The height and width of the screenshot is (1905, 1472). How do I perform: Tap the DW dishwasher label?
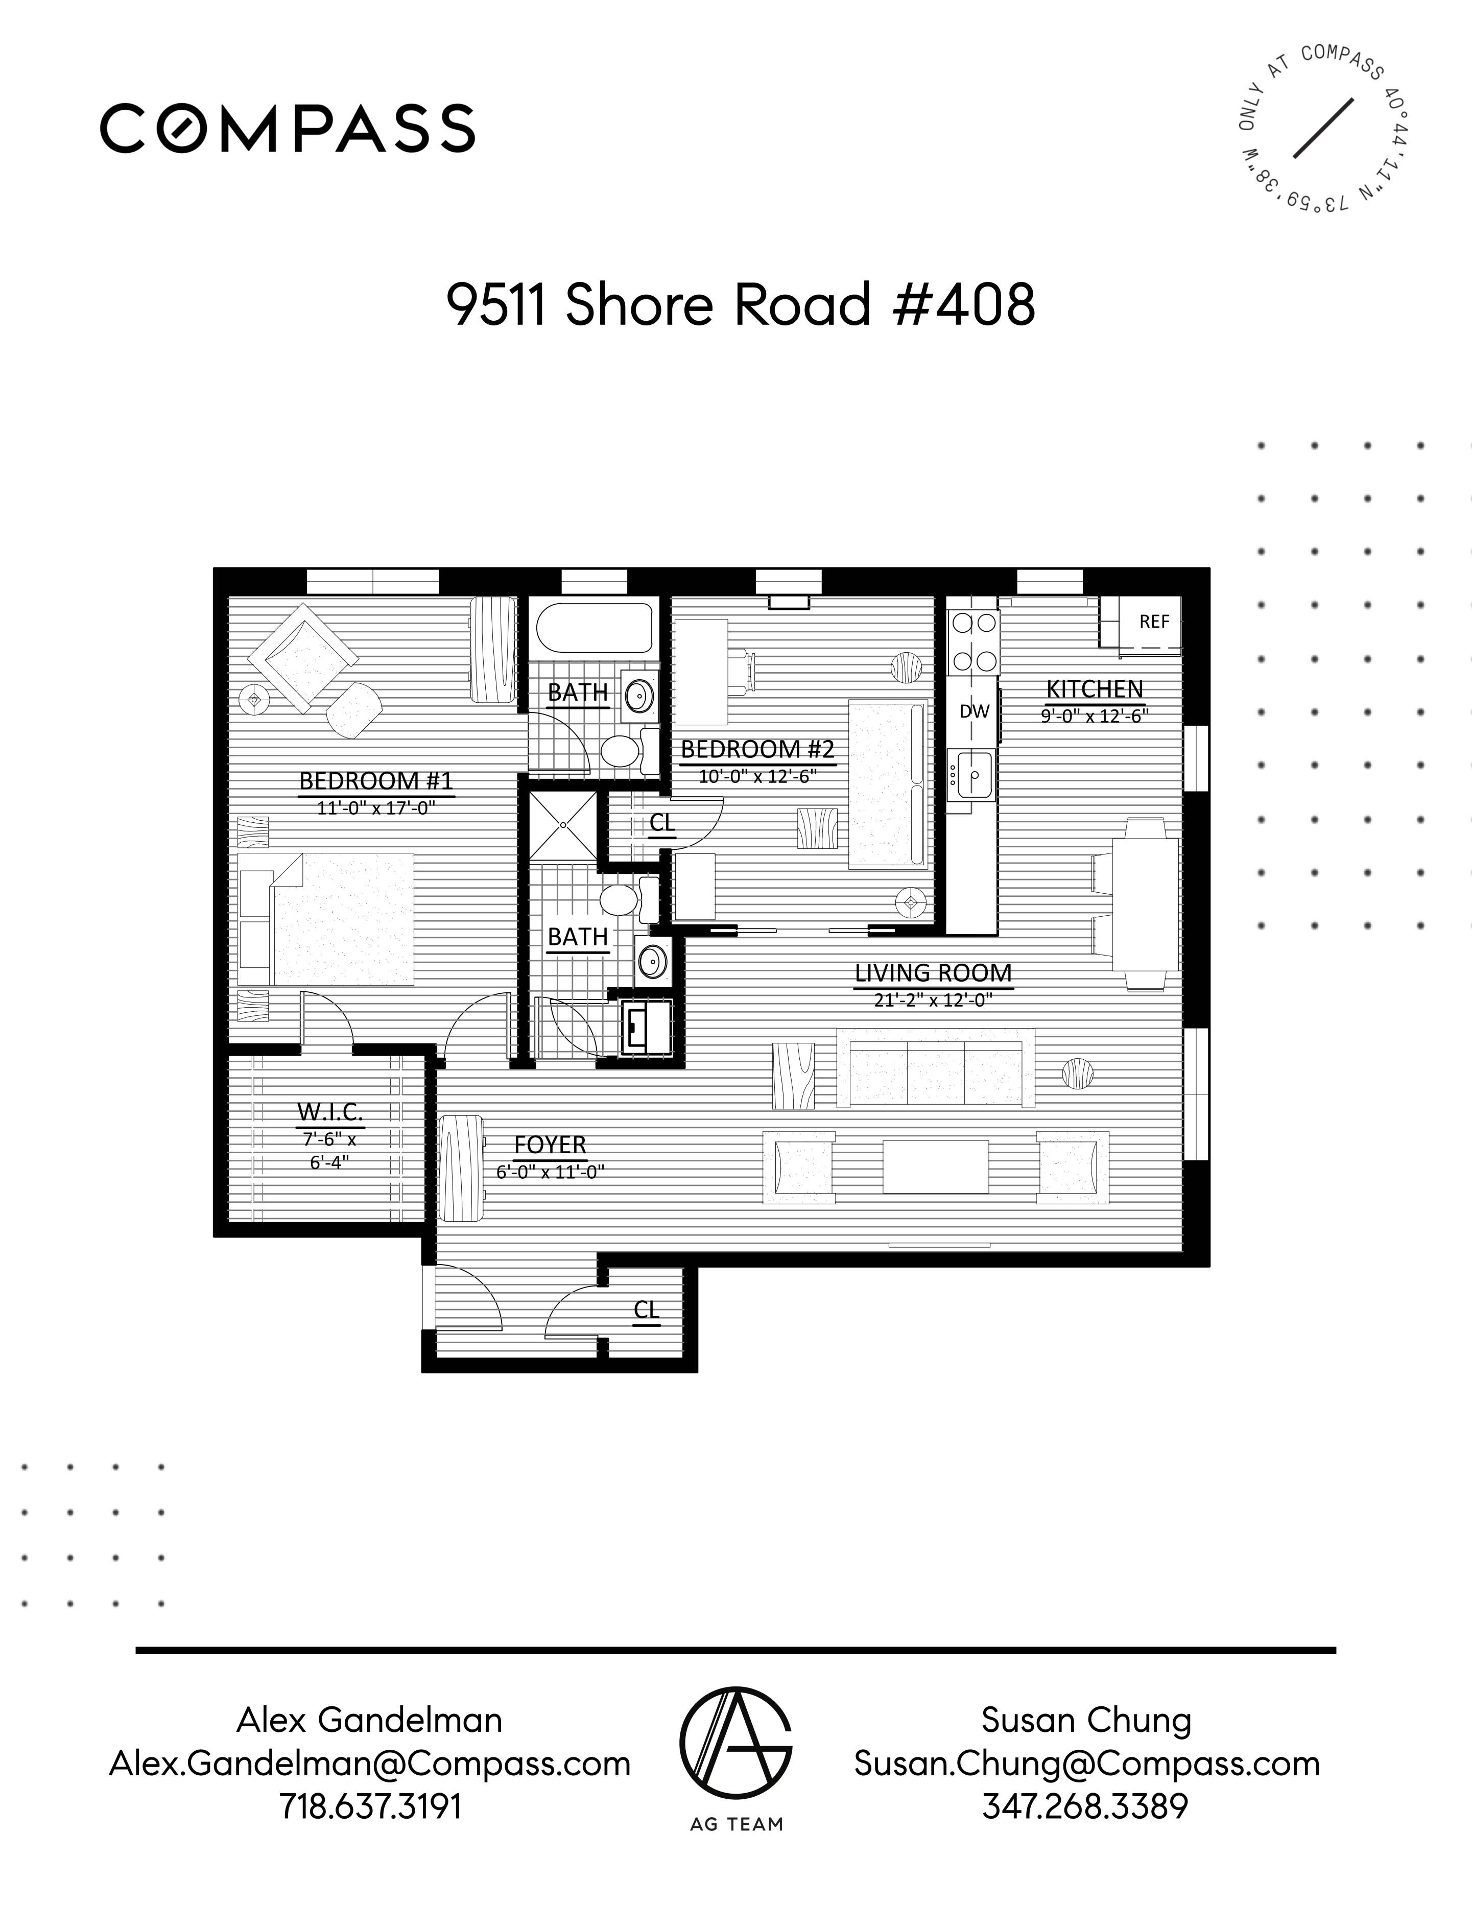coord(974,711)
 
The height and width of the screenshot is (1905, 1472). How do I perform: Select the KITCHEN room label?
coord(1094,689)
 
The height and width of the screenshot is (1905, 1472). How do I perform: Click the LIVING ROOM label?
coord(933,972)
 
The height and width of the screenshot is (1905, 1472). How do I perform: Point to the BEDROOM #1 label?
coord(376,780)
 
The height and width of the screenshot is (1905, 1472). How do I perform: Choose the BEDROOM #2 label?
coord(757,748)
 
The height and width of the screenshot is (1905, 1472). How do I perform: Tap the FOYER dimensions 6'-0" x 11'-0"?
coord(550,1172)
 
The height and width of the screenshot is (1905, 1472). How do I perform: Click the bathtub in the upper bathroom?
coord(594,628)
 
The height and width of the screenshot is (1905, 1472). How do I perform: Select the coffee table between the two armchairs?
coord(935,1166)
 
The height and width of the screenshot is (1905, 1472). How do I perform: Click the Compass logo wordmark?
coord(287,128)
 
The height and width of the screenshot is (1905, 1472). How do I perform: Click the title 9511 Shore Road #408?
coord(741,305)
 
